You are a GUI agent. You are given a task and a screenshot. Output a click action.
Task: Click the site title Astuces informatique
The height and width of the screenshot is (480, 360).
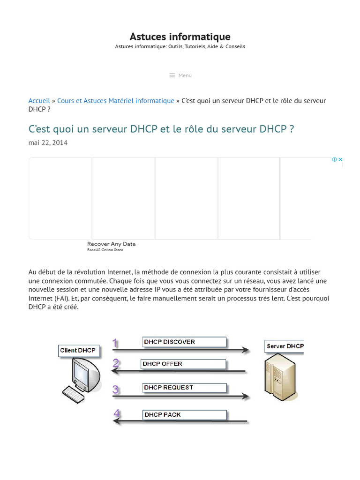click(x=180, y=37)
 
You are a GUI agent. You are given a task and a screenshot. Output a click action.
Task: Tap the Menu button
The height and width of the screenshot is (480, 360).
click(x=180, y=75)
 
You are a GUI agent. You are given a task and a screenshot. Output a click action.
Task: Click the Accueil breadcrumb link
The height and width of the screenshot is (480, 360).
click(x=39, y=101)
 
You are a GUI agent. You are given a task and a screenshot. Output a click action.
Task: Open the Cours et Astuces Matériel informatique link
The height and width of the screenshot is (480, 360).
click(x=115, y=101)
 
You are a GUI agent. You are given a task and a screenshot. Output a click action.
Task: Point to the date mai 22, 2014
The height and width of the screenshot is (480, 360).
click(x=48, y=142)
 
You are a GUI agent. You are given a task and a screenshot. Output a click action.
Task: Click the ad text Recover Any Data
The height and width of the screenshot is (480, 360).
click(x=111, y=244)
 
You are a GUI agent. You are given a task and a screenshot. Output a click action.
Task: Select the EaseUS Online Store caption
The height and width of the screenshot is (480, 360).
click(x=105, y=250)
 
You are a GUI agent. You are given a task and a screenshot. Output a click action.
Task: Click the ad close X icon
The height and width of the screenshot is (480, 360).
click(x=341, y=159)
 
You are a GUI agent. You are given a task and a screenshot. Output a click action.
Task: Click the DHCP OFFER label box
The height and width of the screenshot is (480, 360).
click(x=183, y=364)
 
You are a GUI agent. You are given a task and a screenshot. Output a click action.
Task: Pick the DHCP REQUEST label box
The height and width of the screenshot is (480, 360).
click(x=184, y=388)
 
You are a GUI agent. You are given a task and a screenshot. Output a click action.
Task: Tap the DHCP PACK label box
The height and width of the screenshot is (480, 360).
click(x=184, y=415)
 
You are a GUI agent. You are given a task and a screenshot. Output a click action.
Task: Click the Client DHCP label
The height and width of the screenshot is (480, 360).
click(x=78, y=350)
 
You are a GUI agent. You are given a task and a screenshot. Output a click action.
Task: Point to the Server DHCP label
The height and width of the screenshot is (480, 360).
click(x=285, y=346)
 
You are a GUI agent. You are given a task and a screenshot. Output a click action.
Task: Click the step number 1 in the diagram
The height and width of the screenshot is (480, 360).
click(x=115, y=343)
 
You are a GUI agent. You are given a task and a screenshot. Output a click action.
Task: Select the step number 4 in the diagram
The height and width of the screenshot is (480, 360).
click(x=117, y=413)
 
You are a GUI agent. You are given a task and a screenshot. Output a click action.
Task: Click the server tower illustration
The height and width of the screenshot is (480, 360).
click(x=281, y=377)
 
